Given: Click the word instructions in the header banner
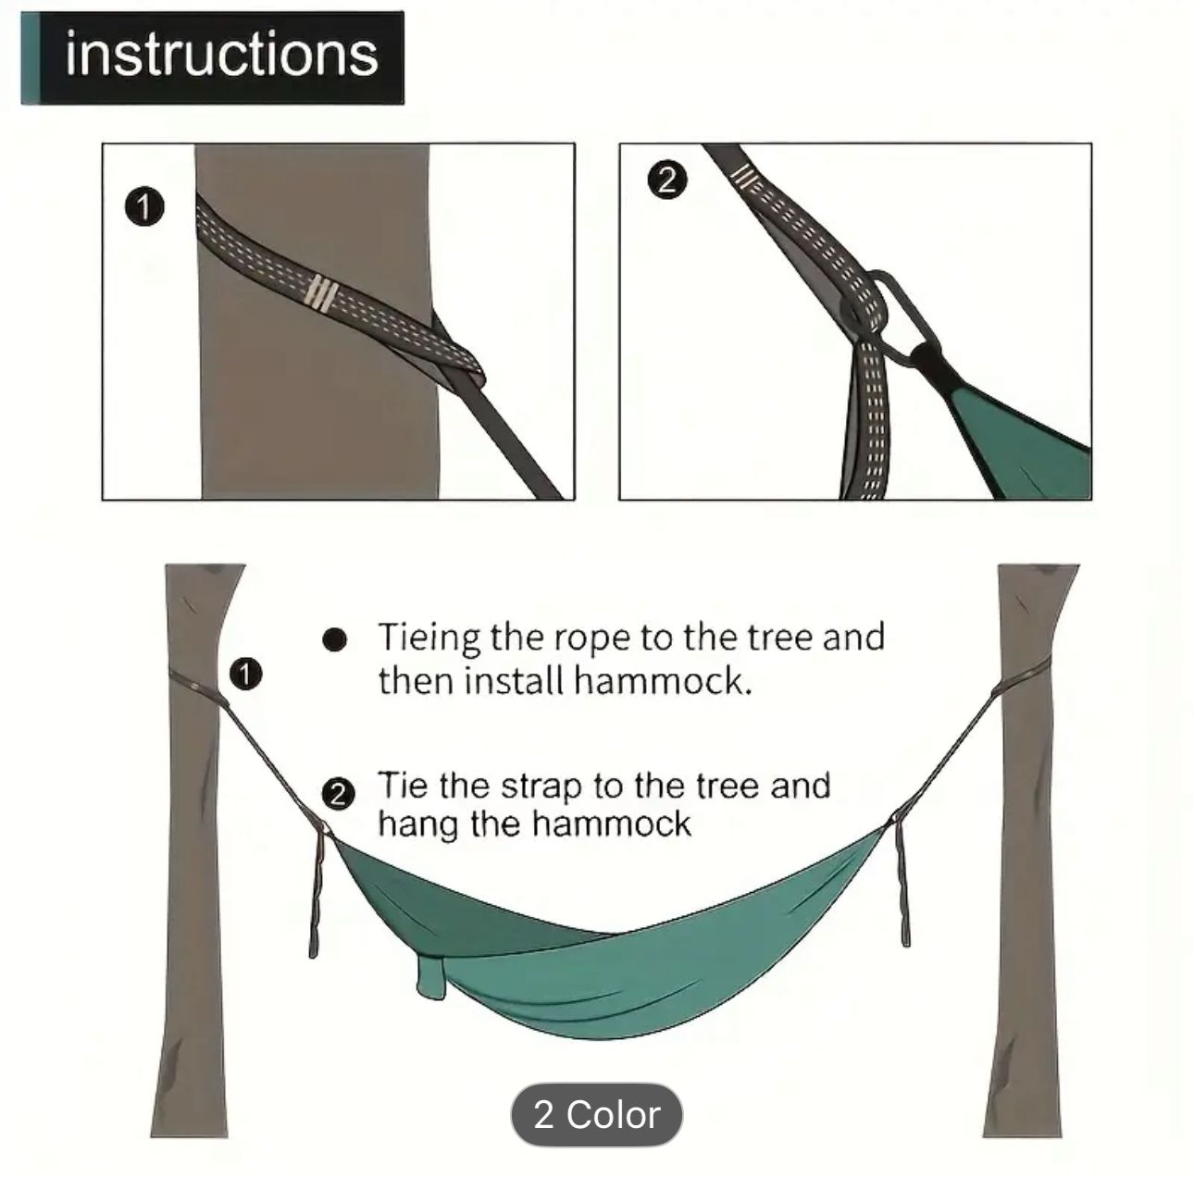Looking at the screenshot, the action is pyautogui.click(x=221, y=56).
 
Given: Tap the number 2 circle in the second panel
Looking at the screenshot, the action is pyautogui.click(x=667, y=180).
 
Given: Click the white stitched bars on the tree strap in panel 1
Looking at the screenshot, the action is pyautogui.click(x=322, y=292).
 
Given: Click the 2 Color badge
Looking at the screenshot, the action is pyautogui.click(x=596, y=1114).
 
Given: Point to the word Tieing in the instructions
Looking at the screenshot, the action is pyautogui.click(x=429, y=639).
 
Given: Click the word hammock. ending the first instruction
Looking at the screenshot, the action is pyautogui.click(x=663, y=681).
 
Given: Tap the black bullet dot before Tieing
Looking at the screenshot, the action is pyautogui.click(x=335, y=640).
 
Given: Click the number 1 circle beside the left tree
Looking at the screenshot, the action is pyautogui.click(x=246, y=674).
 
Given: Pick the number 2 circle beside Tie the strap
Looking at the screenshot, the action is pyautogui.click(x=338, y=795).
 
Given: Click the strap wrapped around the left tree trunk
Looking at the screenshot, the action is pyautogui.click(x=195, y=686).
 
